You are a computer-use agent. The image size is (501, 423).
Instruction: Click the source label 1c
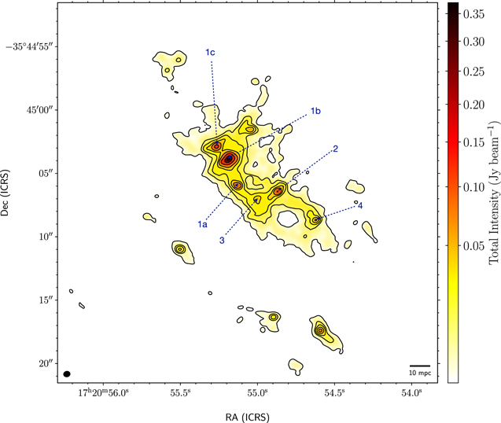click(x=210, y=52)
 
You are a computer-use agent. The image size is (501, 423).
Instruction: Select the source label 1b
click(x=315, y=111)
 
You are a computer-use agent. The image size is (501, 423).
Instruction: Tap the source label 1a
click(x=202, y=224)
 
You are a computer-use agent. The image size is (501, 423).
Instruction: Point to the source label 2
click(x=335, y=149)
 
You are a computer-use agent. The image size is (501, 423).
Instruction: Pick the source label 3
click(x=222, y=241)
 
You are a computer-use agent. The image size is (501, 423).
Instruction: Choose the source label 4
click(x=360, y=206)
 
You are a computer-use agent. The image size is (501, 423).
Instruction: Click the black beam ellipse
click(x=67, y=373)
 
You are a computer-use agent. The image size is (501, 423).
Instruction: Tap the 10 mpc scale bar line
click(x=420, y=366)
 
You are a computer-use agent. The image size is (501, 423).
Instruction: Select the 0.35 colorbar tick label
click(x=473, y=14)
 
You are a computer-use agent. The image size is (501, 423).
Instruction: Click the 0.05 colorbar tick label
click(x=473, y=246)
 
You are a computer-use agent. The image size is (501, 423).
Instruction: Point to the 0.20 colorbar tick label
click(x=473, y=105)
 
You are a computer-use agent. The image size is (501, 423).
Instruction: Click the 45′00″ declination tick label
click(x=42, y=110)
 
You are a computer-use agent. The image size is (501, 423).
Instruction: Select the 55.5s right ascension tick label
click(x=181, y=392)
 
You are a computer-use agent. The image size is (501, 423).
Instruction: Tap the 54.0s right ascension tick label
click(x=411, y=392)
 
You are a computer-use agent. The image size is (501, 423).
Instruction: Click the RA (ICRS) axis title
click(x=248, y=417)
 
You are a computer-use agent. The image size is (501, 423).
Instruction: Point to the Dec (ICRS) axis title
click(x=5, y=193)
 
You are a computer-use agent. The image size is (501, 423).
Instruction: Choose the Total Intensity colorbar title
click(x=494, y=193)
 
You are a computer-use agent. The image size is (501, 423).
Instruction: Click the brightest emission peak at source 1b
click(x=229, y=159)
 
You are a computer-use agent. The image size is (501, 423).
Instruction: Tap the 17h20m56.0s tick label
click(x=104, y=392)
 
